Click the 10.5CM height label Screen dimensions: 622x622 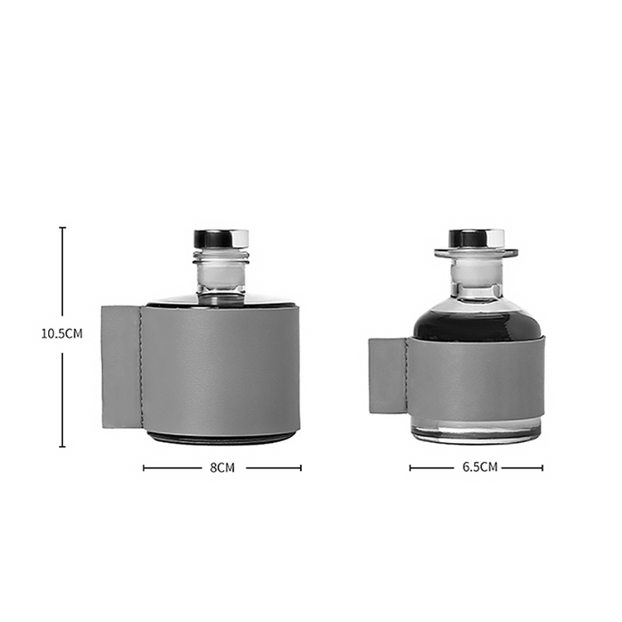coord(62,333)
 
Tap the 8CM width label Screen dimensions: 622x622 coord(222,468)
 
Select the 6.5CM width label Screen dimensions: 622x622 coord(480,467)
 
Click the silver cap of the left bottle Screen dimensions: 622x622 coord(221,239)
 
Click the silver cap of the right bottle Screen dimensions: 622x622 coord(476,238)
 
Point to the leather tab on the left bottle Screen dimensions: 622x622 coord(121,367)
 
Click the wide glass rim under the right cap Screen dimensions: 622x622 coord(476,252)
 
